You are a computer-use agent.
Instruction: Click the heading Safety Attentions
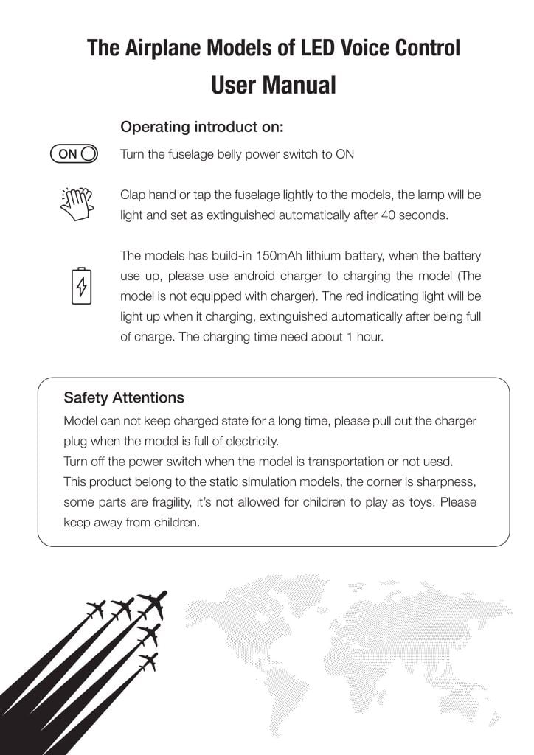click(x=124, y=397)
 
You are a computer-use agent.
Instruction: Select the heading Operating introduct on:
click(x=201, y=127)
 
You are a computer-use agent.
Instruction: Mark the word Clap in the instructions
click(x=133, y=195)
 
